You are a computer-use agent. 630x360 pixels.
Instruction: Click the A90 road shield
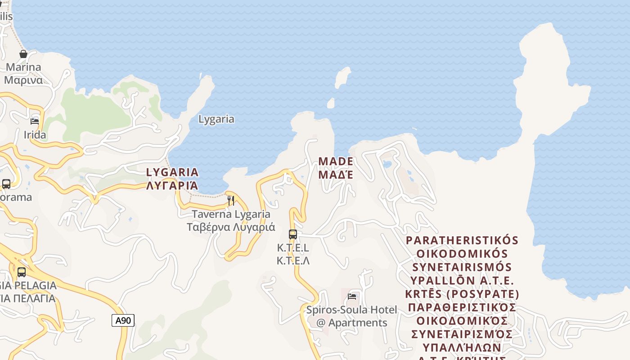point(123,320)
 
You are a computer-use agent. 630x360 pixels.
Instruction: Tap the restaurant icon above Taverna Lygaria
point(230,200)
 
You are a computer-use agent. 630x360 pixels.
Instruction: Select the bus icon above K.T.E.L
point(293,234)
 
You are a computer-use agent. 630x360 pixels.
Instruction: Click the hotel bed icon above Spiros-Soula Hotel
point(352,296)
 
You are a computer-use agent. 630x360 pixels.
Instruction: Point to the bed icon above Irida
point(35,121)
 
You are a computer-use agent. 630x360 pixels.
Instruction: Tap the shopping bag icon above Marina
point(23,54)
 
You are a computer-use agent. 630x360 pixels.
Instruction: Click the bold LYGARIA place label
point(172,172)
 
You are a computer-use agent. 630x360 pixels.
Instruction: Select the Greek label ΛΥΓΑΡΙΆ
point(172,185)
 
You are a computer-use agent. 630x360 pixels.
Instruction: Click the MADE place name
point(336,161)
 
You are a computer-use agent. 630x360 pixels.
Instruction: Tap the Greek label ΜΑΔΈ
point(336,174)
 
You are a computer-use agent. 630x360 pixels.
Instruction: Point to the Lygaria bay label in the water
point(216,119)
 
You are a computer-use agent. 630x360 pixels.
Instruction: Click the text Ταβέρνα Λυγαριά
point(231,227)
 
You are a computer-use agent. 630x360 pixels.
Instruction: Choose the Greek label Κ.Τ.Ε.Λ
point(293,261)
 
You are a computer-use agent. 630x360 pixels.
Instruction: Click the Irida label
point(35,135)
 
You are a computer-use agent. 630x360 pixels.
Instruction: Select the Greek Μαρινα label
point(23,80)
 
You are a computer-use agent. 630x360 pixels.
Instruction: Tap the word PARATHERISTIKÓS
point(462,240)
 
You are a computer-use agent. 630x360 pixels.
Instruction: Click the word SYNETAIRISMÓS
point(462,267)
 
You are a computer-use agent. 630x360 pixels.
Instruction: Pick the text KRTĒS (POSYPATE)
point(462,294)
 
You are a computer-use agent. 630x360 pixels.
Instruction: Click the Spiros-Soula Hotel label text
point(351,310)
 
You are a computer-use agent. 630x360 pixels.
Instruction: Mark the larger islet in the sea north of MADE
point(342,77)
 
